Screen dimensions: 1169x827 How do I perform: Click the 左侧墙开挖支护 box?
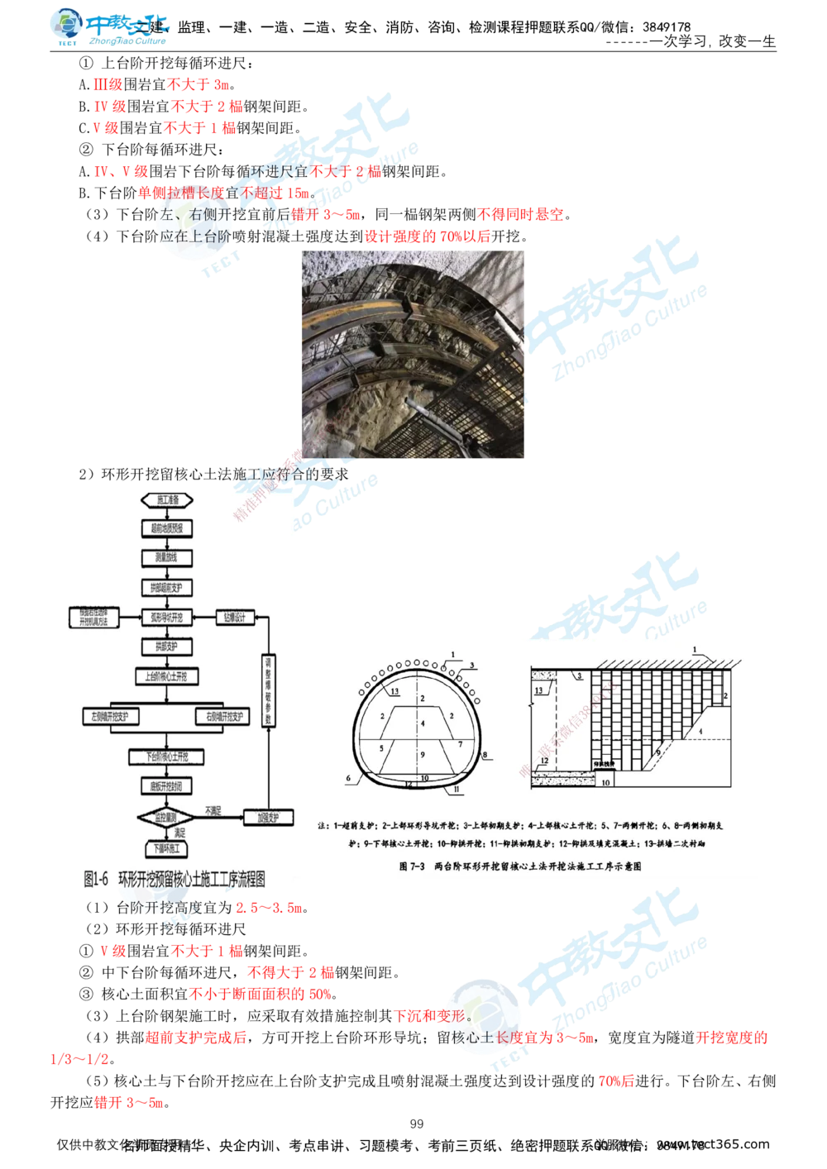tap(111, 716)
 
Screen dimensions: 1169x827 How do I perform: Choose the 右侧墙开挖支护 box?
tap(222, 716)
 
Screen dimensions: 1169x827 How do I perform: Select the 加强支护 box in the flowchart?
tap(269, 818)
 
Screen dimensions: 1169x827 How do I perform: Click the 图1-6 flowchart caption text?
tap(179, 878)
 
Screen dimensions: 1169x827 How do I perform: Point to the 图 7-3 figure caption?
tap(520, 866)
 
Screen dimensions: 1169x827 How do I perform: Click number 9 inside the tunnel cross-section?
tap(422, 755)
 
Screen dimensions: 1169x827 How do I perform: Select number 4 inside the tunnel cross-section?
tap(422, 723)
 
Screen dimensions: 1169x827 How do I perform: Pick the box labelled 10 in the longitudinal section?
tap(605, 780)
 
